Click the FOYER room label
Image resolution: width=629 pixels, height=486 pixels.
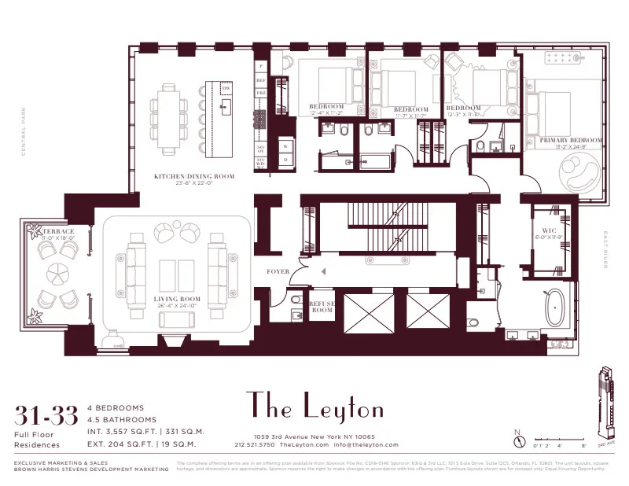pos(278,272)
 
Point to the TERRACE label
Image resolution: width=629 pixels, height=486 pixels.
pos(57,231)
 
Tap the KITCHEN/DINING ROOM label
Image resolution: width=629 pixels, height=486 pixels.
pos(193,177)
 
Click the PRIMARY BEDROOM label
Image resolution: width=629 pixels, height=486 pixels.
pos(571,141)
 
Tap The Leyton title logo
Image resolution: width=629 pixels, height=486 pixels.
pos(314,407)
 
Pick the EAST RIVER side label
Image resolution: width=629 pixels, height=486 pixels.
pos(605,249)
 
